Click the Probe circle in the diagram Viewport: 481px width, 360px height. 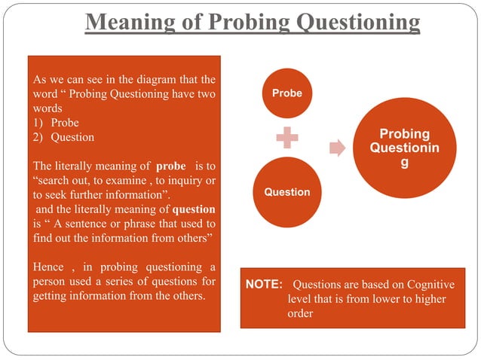coord(286,93)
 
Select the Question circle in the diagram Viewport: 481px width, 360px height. coord(286,192)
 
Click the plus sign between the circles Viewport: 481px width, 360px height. coord(286,142)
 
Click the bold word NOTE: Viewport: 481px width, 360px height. coord(264,285)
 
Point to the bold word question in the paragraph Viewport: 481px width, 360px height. coord(194,209)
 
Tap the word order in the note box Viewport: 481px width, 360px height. coord(300,313)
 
